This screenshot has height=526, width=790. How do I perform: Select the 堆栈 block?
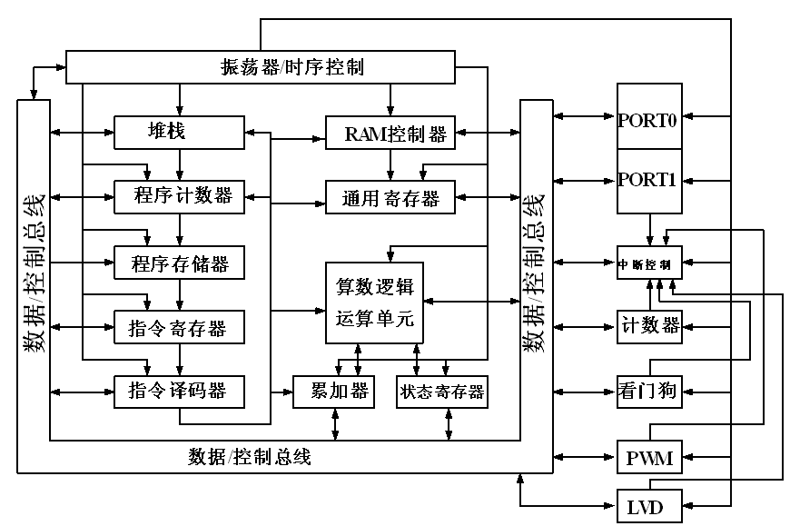(179, 132)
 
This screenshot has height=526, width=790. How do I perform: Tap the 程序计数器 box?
(179, 196)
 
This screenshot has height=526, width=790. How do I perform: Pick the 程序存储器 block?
(179, 264)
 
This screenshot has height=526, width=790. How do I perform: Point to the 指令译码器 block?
(179, 392)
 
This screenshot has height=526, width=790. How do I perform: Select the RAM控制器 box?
(390, 134)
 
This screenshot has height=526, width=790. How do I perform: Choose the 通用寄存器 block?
(390, 198)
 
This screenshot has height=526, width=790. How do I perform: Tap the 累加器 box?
(333, 392)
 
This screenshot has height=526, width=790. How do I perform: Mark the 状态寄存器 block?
(441, 392)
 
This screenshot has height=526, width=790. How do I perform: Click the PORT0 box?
(648, 117)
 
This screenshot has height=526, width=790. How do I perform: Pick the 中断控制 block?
(648, 264)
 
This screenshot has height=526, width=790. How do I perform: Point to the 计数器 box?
(648, 325)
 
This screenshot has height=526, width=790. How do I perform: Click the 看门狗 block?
(648, 392)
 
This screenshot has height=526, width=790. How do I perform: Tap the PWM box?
(648, 457)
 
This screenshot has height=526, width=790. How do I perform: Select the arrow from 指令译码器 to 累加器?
(272, 392)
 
